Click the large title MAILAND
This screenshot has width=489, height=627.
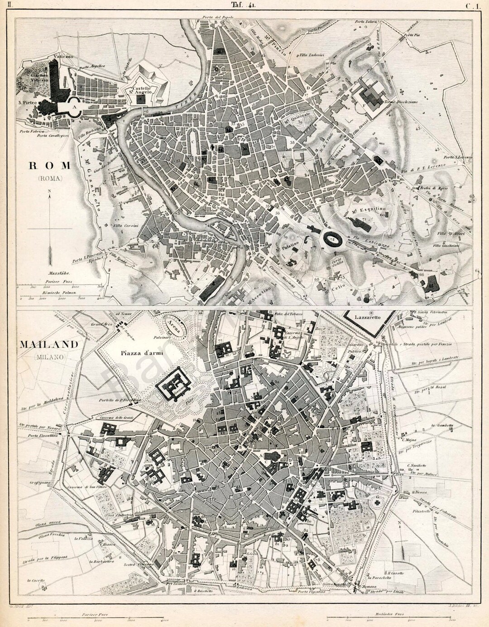pyautogui.click(x=49, y=344)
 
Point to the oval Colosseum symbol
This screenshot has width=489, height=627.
pyautogui.click(x=331, y=238)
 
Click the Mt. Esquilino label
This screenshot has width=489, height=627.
pyautogui.click(x=368, y=209)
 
